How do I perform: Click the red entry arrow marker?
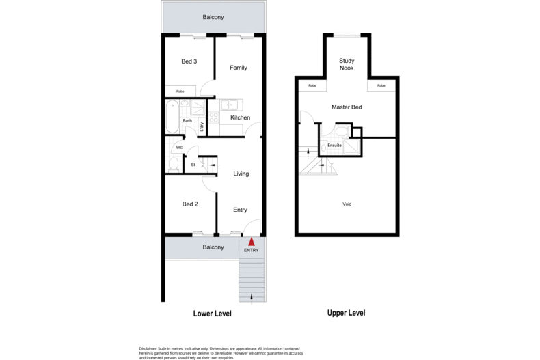coord(252,241)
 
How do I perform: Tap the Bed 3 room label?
coord(189,61)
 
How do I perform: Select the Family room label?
coord(239,68)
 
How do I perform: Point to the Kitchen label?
coord(240,117)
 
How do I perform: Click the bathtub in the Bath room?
coord(172,117)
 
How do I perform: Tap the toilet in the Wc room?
coord(174,164)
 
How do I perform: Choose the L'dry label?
coord(202,126)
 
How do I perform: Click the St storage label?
coord(193,165)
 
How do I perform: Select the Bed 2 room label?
coord(190,204)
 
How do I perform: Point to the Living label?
coord(241,174)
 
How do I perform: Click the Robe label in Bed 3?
coord(180,91)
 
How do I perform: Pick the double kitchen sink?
coord(228,105)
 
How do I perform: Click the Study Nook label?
coord(347,64)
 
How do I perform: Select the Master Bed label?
coord(347,107)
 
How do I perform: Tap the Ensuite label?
coord(335,145)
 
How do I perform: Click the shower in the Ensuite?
coord(350,146)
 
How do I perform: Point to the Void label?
coord(347,204)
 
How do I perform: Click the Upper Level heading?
coord(345,313)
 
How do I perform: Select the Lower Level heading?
coord(212,314)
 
